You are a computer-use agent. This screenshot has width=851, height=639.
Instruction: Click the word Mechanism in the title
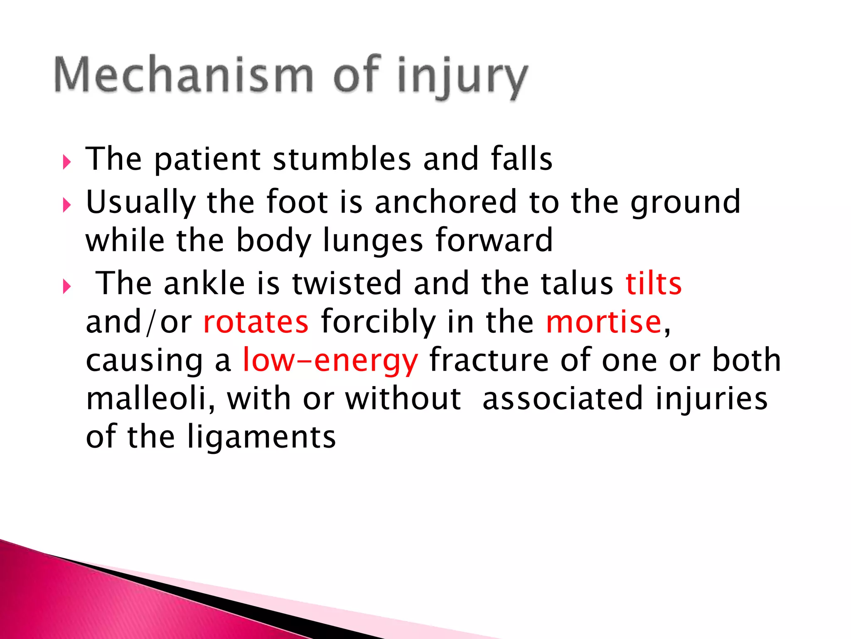183,75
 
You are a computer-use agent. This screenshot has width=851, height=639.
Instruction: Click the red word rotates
256,322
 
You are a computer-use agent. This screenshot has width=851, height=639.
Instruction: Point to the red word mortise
604,322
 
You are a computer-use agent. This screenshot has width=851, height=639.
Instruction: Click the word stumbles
342,159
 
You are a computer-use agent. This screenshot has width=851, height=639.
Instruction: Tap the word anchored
446,202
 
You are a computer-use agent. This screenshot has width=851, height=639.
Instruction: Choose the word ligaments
261,438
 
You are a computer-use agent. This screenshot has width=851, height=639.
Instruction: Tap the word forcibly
378,322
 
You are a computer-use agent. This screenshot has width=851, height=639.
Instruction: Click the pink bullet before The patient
66,162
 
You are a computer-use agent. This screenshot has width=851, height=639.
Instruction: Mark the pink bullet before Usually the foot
66,205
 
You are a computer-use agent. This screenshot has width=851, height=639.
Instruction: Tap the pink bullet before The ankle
66,286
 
